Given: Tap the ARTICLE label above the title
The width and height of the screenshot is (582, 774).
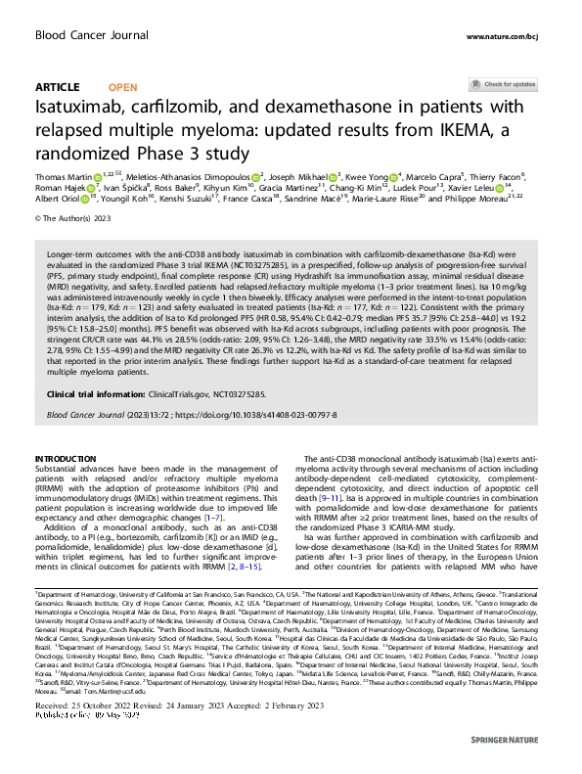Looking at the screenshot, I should tap(56, 86).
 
